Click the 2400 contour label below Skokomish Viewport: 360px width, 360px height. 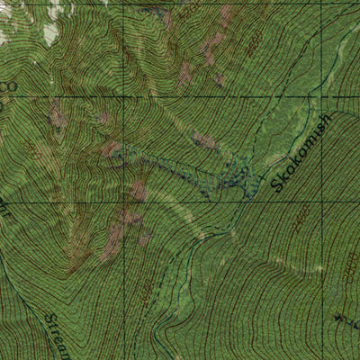click(301, 216)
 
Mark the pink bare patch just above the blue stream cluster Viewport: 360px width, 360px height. click(204, 139)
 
